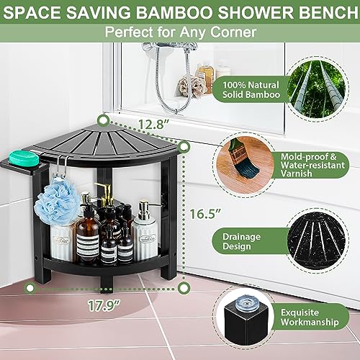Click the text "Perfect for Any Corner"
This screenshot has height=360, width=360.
click(x=179, y=32)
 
